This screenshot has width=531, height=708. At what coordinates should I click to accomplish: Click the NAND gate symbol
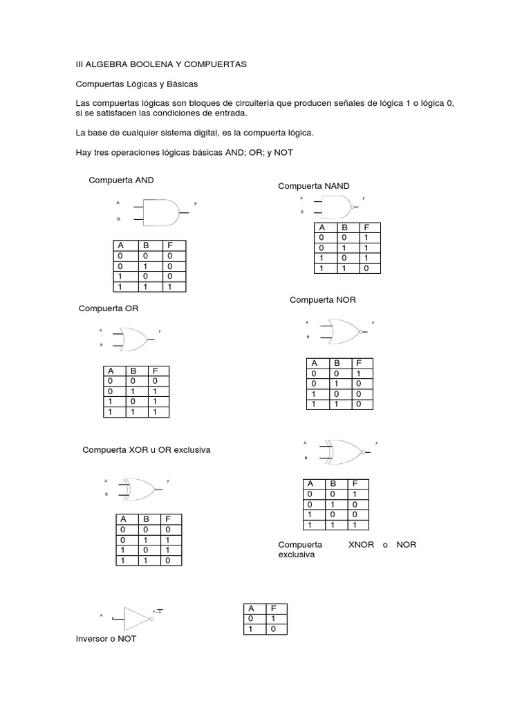pyautogui.click(x=337, y=205)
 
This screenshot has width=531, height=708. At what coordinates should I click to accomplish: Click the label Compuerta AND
pyautogui.click(x=121, y=180)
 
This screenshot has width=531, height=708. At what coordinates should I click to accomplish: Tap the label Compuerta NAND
pyautogui.click(x=313, y=186)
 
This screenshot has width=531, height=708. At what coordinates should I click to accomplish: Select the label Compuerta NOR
pyautogui.click(x=322, y=299)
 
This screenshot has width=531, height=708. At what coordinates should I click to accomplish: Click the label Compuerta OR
pyautogui.click(x=110, y=308)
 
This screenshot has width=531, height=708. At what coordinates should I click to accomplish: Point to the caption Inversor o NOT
pyautogui.click(x=106, y=639)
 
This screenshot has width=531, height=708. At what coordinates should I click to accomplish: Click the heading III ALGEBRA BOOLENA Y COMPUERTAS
pyautogui.click(x=160, y=64)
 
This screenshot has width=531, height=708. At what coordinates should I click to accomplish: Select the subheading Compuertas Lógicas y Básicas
pyautogui.click(x=136, y=84)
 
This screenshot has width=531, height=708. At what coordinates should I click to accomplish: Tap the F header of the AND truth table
pyautogui.click(x=169, y=245)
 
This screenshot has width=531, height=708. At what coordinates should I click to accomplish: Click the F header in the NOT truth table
pyautogui.click(x=274, y=608)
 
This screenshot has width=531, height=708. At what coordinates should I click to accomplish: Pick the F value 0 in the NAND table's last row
pyautogui.click(x=366, y=267)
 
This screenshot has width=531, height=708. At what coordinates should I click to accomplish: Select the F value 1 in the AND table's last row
pyautogui.click(x=169, y=286)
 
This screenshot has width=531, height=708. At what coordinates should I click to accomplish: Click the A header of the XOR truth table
pyautogui.click(x=124, y=519)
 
